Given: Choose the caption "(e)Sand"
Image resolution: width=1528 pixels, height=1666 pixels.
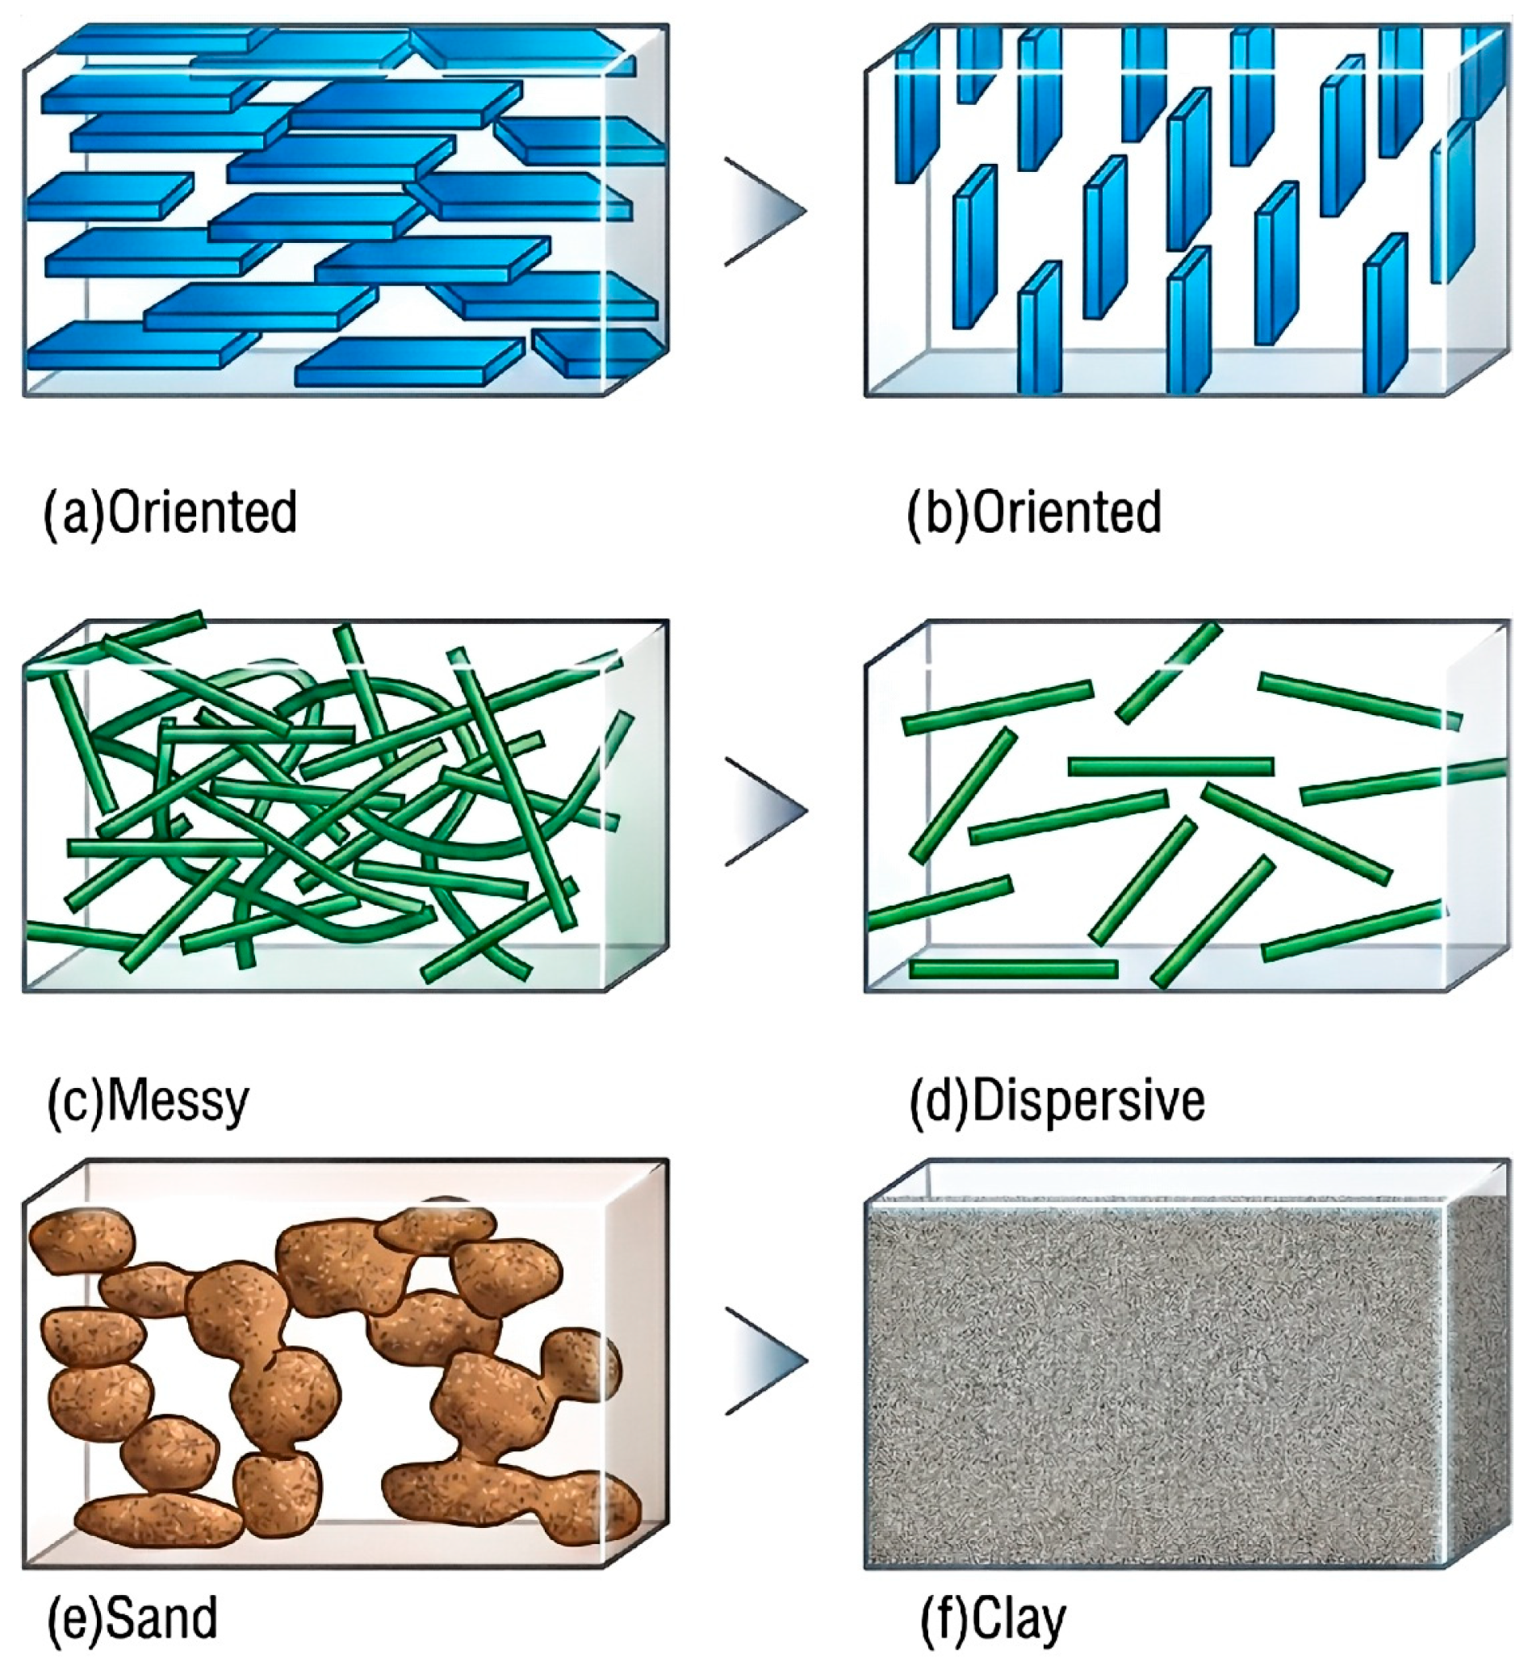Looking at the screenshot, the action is point(132,1618).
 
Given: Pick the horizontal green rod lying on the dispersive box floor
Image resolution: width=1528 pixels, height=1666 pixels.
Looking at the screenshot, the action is point(1014,968).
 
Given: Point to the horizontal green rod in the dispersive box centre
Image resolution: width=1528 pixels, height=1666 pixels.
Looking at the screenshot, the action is point(1170,767).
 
